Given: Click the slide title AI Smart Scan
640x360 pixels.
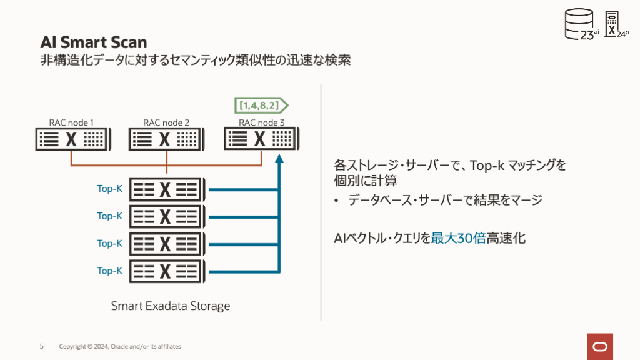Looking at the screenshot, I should click(x=94, y=42).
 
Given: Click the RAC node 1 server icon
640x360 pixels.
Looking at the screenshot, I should click(x=72, y=139).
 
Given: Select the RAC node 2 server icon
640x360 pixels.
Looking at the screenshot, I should click(x=166, y=139).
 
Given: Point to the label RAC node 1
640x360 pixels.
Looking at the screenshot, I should click(x=71, y=122).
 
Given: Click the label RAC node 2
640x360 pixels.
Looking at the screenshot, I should click(x=166, y=122).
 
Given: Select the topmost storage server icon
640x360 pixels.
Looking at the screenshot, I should click(x=166, y=189).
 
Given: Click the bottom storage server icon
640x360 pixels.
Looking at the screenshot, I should click(x=166, y=271).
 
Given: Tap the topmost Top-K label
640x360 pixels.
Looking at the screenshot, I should click(x=109, y=189).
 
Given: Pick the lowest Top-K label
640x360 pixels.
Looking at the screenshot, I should click(x=109, y=271).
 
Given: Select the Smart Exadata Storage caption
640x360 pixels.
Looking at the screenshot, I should click(x=170, y=306).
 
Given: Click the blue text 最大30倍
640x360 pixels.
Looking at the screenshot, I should click(x=458, y=238).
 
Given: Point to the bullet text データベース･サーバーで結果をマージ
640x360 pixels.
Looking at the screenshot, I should click(x=445, y=201).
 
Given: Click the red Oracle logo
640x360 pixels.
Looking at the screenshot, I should click(x=600, y=346).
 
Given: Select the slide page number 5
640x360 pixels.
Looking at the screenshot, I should click(x=42, y=346).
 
